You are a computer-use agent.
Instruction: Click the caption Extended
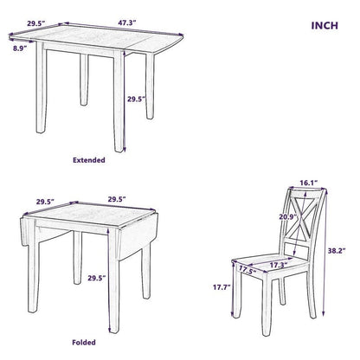88,160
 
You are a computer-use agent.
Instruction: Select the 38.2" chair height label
338,250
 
